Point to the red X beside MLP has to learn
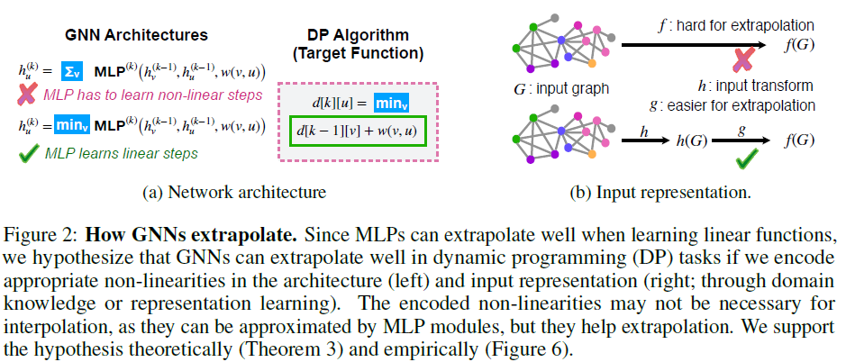pos(31,95)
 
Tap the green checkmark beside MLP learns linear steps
pos(31,153)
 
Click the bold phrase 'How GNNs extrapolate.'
pos(192,236)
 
